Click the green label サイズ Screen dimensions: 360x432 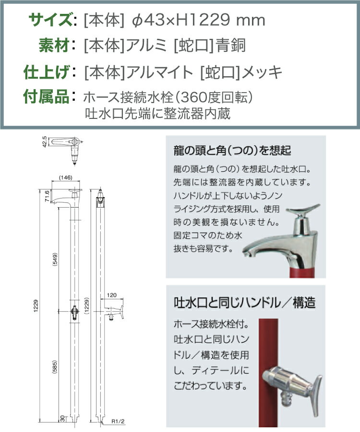coord(51,20)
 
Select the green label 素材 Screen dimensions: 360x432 coord(54,46)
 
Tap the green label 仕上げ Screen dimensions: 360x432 coord(47,72)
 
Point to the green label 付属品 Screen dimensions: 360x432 coord(47,97)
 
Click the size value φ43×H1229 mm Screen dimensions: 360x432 coord(199,20)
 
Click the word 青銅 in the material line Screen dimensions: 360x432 coord(230,46)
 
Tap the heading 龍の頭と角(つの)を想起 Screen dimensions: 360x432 coord(232,151)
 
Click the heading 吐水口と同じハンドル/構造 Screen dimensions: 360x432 coord(244,303)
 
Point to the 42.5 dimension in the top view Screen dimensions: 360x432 coord(45,141)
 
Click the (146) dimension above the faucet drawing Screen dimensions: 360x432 coord(66,177)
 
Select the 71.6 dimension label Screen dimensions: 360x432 coord(47,196)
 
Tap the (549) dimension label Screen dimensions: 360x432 coord(55,259)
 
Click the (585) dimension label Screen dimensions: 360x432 coord(55,367)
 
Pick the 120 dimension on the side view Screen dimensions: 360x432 coord(111,295)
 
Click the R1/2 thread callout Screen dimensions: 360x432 coord(118,421)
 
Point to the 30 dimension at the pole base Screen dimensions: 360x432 coord(62,418)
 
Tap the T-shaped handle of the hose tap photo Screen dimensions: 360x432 coord(317,395)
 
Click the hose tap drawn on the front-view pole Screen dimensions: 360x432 coord(74,312)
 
